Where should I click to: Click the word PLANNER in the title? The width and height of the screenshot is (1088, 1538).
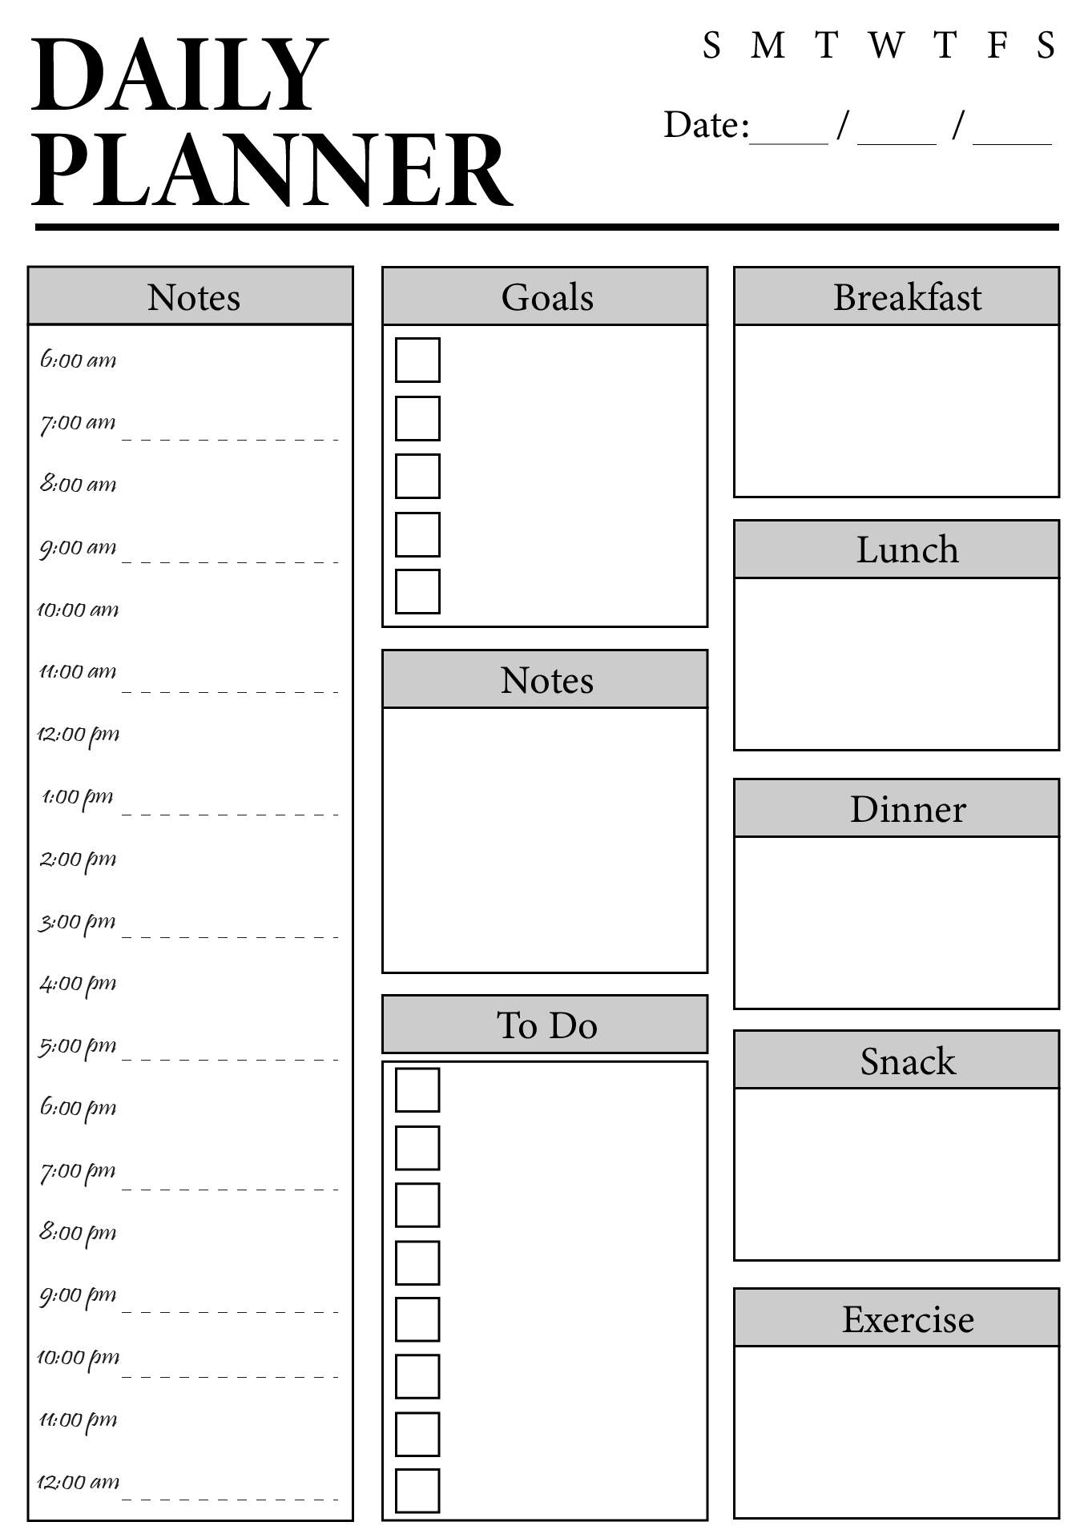click(x=272, y=171)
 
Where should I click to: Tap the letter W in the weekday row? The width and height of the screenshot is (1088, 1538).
click(x=887, y=46)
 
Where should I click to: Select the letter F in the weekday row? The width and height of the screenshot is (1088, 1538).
click(x=997, y=46)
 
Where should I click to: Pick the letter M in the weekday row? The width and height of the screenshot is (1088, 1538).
click(x=768, y=46)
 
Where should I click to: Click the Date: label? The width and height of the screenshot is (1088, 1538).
click(x=707, y=125)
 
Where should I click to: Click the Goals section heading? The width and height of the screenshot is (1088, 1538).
click(x=547, y=297)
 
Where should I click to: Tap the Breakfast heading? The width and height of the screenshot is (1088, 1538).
click(x=907, y=297)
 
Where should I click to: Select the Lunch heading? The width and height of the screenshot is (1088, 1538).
click(x=907, y=550)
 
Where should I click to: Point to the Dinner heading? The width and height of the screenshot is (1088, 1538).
click(x=908, y=809)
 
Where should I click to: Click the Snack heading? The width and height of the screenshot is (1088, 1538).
click(x=908, y=1061)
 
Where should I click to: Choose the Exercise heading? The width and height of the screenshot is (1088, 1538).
click(x=908, y=1319)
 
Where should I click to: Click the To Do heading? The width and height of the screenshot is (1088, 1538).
click(x=547, y=1025)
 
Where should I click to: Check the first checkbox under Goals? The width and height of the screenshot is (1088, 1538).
click(x=417, y=360)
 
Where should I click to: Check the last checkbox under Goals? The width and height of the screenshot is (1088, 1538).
click(x=417, y=591)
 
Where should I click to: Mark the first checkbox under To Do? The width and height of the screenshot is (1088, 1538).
click(x=417, y=1089)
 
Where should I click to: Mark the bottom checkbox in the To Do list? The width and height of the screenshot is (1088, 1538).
click(x=417, y=1491)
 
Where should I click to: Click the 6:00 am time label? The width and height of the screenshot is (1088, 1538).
click(x=78, y=360)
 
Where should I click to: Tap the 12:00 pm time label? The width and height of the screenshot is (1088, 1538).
click(x=78, y=735)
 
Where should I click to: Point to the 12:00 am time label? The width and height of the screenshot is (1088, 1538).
click(x=78, y=1482)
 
